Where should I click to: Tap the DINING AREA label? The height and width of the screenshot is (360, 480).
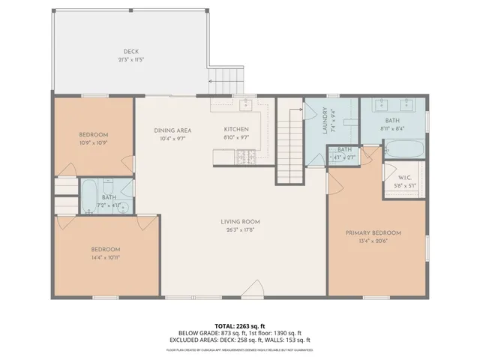[x=173, y=130]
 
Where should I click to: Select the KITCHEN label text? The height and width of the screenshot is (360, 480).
[x=236, y=130]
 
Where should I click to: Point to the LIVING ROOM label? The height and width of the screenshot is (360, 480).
[x=240, y=221]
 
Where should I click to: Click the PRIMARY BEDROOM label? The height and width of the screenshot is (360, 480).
[x=373, y=233]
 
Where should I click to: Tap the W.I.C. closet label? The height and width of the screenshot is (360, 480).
[x=403, y=178]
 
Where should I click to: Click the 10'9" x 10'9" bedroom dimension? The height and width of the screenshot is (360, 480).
[x=94, y=142]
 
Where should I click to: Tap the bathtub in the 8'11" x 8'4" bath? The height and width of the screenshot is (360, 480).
[x=405, y=150]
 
